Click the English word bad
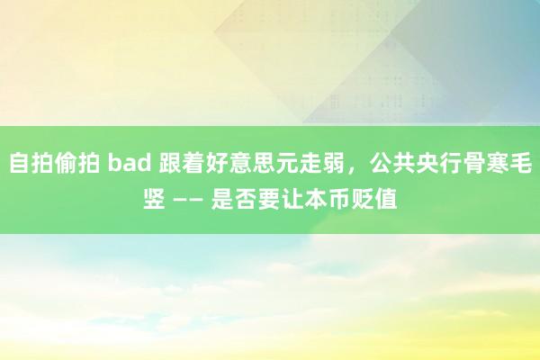130,163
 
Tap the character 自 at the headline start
20,163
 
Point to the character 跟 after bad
170,163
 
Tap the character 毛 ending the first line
521,163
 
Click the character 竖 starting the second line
154,199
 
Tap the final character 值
386,199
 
